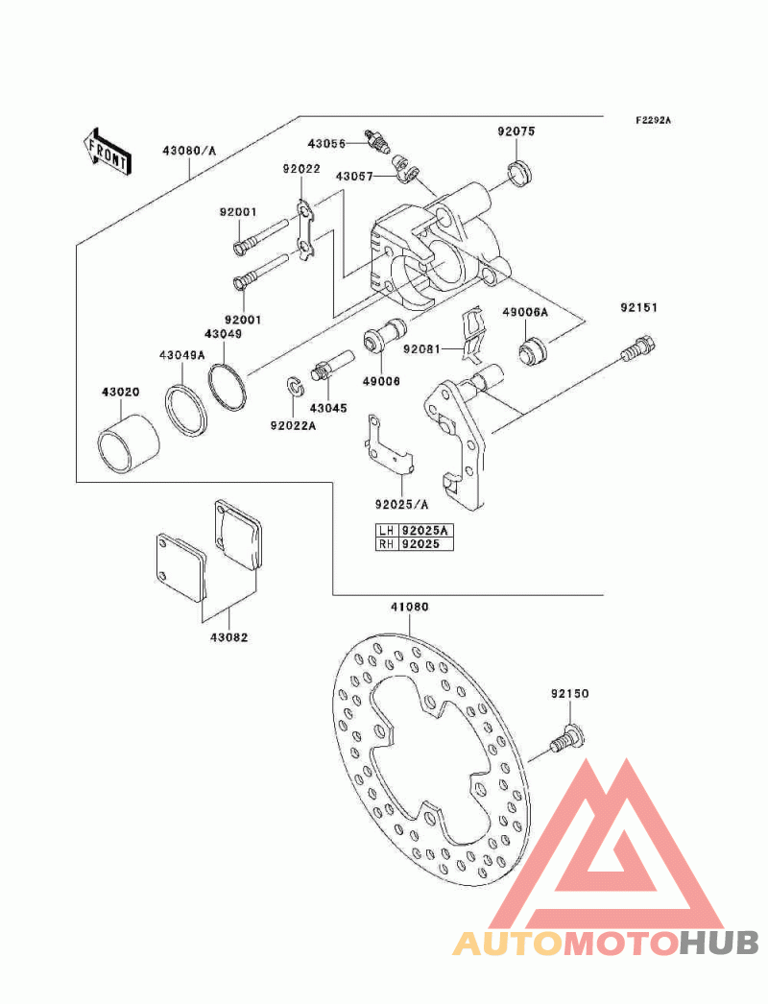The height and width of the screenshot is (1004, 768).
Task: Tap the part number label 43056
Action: [326, 143]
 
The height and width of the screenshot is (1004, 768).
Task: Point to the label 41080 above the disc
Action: [410, 607]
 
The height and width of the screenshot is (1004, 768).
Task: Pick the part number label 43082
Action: [228, 637]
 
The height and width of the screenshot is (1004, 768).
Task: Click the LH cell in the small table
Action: [386, 530]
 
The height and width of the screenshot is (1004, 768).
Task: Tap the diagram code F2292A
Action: [653, 120]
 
